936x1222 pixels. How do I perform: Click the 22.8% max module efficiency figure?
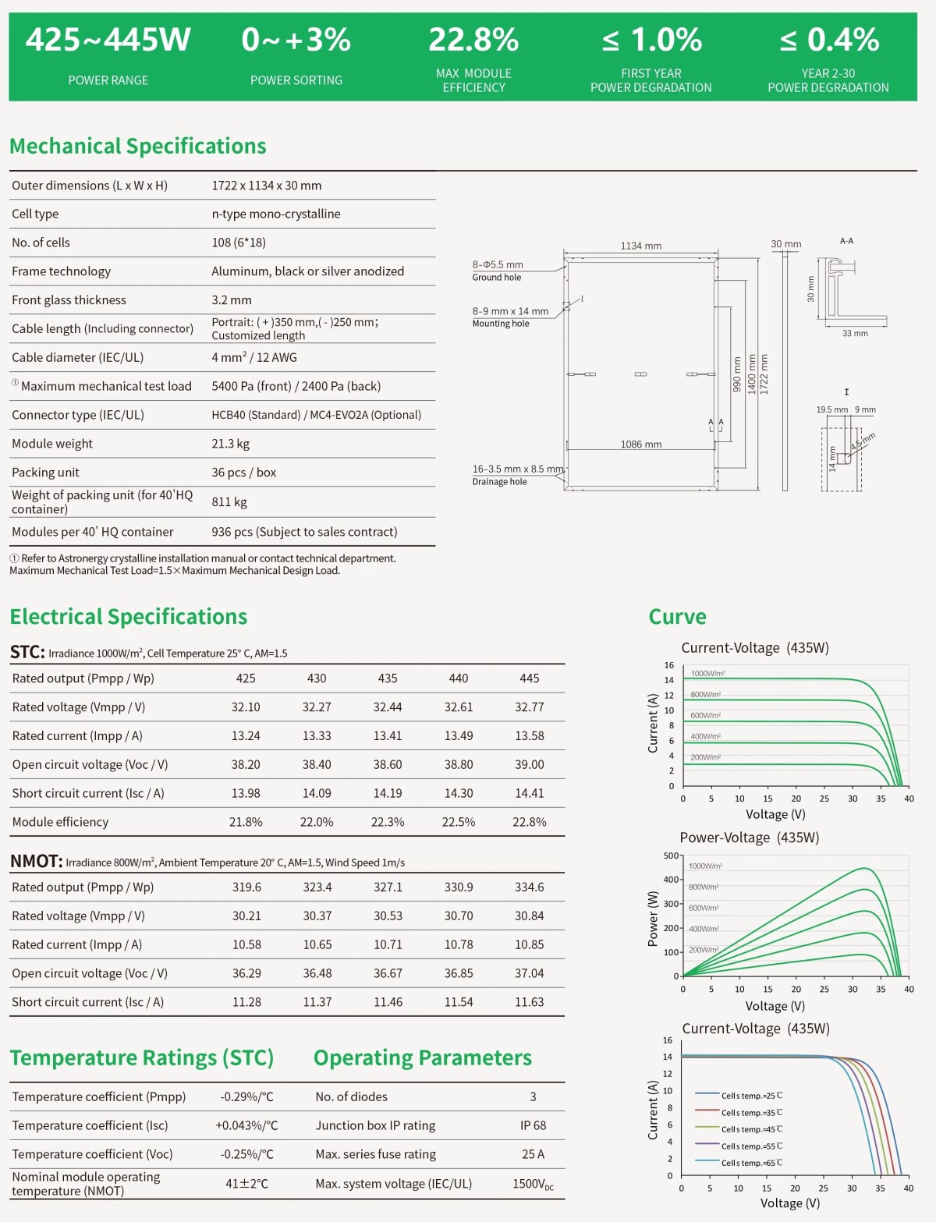(473, 40)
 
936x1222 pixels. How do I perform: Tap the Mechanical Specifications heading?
(138, 146)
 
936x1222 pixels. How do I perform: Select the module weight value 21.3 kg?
(231, 444)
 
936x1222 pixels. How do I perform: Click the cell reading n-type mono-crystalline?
(276, 214)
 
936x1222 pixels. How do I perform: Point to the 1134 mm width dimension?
(641, 246)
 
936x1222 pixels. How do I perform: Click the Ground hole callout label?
(497, 278)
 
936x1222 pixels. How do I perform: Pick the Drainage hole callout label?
(499, 482)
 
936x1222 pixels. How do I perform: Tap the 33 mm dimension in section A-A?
(855, 334)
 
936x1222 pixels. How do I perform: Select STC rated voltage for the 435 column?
(388, 707)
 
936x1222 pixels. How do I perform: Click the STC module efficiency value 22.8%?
(530, 822)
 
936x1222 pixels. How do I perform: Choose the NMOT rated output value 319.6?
(246, 887)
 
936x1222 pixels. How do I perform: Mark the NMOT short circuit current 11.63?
(530, 1002)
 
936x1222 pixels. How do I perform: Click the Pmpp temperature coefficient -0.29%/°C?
(247, 1097)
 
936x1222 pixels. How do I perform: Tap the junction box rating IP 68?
(534, 1126)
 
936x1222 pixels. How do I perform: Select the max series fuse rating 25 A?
(534, 1154)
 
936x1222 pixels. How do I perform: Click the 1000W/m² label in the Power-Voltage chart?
(705, 866)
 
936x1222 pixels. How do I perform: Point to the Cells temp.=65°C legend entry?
(751, 1164)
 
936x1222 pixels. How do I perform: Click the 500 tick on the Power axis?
(670, 856)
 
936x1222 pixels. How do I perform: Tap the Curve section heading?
(677, 617)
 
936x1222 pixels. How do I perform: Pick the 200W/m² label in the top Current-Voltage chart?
(705, 757)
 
